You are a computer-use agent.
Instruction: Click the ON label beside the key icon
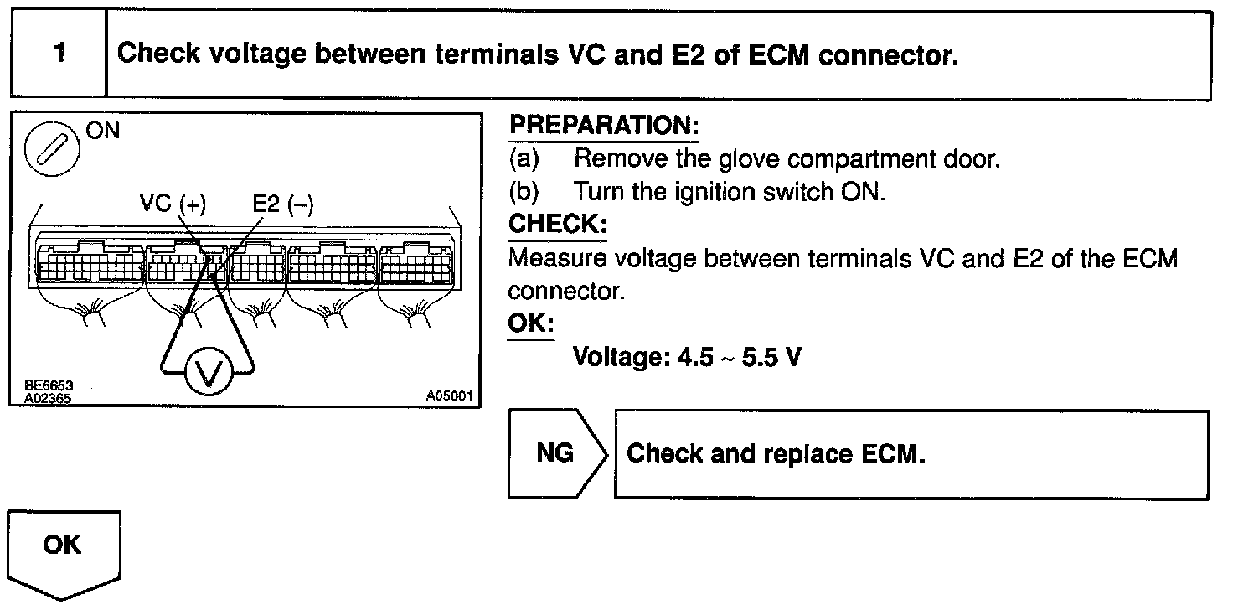click(102, 132)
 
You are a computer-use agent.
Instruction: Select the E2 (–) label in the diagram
click(283, 205)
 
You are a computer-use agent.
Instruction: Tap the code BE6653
click(49, 385)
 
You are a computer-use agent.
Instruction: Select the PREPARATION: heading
click(603, 127)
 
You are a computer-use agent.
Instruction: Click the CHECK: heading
click(557, 225)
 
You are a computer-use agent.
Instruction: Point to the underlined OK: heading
click(530, 323)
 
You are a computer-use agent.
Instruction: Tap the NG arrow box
click(555, 453)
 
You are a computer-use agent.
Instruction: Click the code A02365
click(49, 398)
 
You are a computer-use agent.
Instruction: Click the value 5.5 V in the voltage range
click(766, 358)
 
